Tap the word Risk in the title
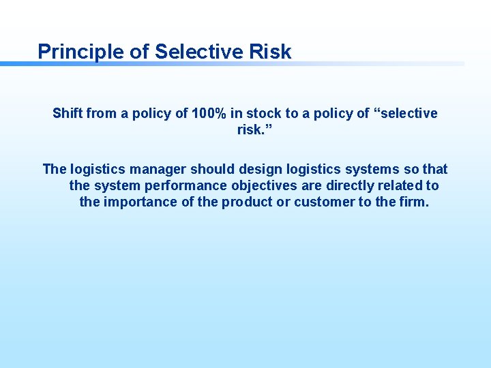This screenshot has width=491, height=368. point(271,52)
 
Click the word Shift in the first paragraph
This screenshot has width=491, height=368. point(68,113)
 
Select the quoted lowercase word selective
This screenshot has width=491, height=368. point(406,113)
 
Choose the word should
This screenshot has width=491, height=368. point(211,169)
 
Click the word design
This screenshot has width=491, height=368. point(258,169)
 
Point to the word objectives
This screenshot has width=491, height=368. point(262,185)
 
